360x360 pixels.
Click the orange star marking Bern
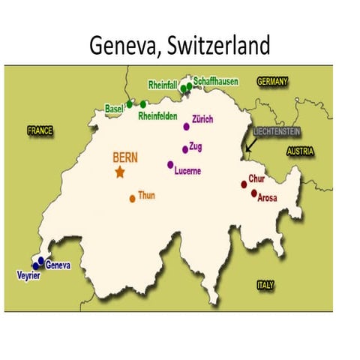[119, 172]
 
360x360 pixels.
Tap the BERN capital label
[125, 157]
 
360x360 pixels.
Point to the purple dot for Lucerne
[170, 165]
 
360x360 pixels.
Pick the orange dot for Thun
[132, 199]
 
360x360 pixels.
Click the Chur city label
[256, 180]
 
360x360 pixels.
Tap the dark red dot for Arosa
[254, 193]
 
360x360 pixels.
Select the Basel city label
[114, 108]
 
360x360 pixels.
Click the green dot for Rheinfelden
[143, 104]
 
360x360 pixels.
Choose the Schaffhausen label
[217, 80]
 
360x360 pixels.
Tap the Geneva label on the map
[58, 265]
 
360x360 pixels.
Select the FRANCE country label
[40, 130]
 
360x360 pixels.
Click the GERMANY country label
[273, 80]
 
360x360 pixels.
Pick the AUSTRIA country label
[299, 151]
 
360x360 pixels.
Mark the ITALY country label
[265, 285]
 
